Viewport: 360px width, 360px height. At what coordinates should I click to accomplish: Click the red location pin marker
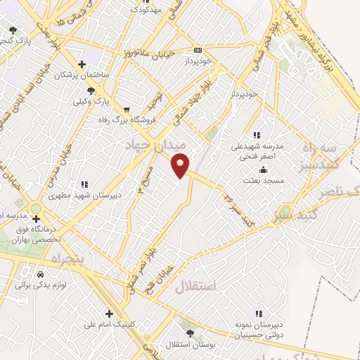coord(181,164)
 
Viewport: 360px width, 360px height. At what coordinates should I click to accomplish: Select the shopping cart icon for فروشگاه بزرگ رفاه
coord(127,109)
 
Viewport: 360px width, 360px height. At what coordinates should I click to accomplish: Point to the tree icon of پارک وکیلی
coord(90,91)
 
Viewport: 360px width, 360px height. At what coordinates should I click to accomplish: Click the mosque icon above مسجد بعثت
coord(263,170)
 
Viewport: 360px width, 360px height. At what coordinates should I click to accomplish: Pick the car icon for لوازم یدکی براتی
coord(39,274)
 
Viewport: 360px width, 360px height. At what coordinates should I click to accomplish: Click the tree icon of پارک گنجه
coord(13,30)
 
